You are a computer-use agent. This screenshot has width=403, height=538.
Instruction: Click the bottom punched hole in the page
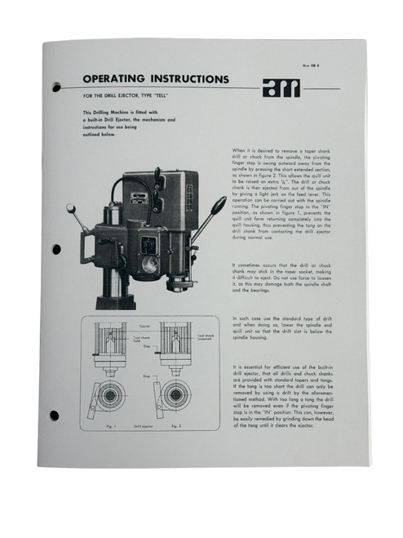[55, 415]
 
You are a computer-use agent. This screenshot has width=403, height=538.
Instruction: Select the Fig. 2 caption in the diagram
[175, 425]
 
